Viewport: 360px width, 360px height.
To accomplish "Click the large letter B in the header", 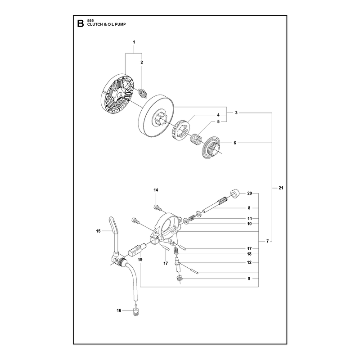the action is click(81, 23).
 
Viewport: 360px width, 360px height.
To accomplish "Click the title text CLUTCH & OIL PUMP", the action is click(106, 24).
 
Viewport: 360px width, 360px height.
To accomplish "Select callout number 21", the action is click(281, 188).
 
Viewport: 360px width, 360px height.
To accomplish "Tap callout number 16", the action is click(119, 310).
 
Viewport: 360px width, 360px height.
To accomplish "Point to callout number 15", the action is click(98, 231).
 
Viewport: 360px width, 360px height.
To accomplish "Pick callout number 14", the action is click(156, 190).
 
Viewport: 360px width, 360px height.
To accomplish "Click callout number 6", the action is click(235, 143).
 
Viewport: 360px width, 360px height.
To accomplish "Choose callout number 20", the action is click(250, 193).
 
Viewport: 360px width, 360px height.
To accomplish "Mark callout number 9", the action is click(249, 279).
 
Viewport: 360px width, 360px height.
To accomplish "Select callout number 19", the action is click(140, 260).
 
